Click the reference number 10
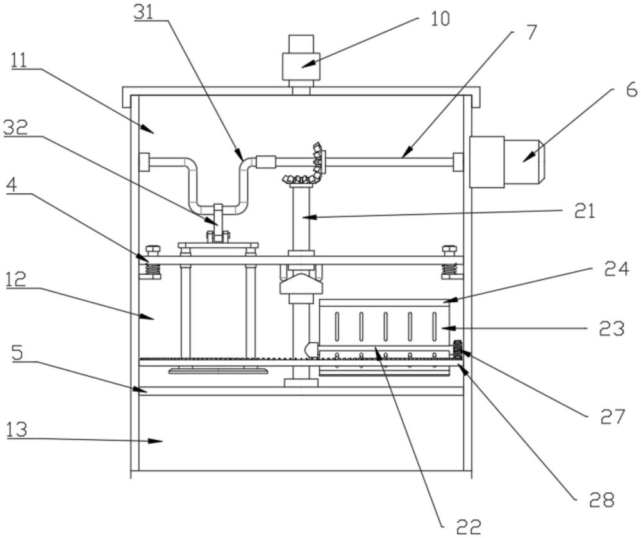[440, 19]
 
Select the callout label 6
[631, 89]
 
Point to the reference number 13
[17, 430]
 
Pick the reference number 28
[602, 499]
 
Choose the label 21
[584, 212]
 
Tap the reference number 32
[15, 128]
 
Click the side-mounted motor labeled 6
[506, 162]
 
